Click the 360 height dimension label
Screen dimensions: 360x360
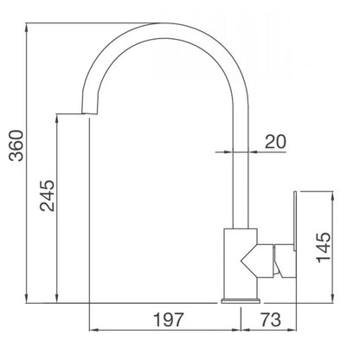pyautogui.click(x=16, y=145)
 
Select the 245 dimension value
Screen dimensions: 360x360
pyautogui.click(x=47, y=196)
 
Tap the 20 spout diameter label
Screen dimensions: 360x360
pyautogui.click(x=276, y=142)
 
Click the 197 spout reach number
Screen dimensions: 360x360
pyautogui.click(x=169, y=319)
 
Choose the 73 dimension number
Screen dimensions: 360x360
pyautogui.click(x=270, y=319)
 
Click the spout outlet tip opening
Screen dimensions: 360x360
pyautogui.click(x=89, y=113)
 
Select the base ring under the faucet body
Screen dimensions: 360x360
pyautogui.click(x=241, y=301)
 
